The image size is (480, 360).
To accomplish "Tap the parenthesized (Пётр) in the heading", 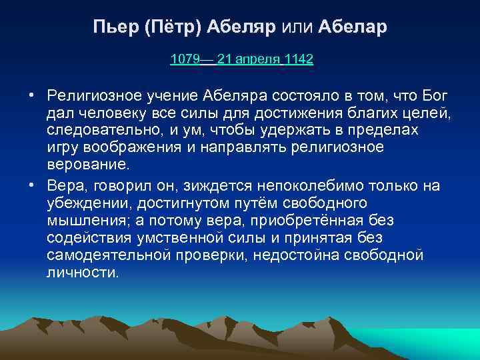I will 171,28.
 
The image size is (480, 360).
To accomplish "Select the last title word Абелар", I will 353,28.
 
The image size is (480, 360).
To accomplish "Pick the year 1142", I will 299,59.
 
